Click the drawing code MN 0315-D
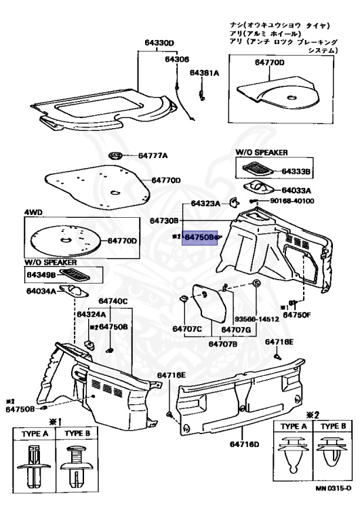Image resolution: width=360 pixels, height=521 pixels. pyautogui.click(x=333, y=507)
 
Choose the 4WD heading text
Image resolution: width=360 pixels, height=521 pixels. pyautogui.click(x=34, y=212)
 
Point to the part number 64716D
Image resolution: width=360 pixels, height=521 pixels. pyautogui.click(x=244, y=444)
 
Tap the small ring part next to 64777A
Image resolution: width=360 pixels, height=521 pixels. pyautogui.click(x=116, y=155)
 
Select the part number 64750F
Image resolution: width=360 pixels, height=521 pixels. pyautogui.click(x=297, y=314)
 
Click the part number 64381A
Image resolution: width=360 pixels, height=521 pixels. pyautogui.click(x=204, y=72)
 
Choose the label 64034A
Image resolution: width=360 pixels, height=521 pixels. pyautogui.click(x=41, y=292)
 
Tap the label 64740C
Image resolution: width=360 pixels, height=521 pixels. pyautogui.click(x=113, y=301)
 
